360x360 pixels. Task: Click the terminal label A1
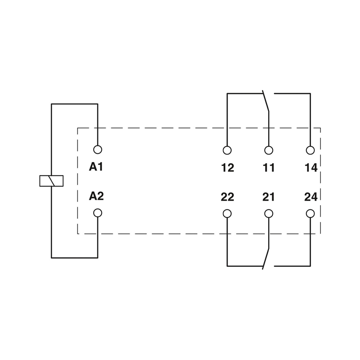96,166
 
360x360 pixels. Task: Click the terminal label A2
96,196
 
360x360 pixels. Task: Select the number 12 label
228,168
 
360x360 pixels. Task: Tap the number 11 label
269,168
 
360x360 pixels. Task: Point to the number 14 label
311,168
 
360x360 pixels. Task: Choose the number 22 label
227,197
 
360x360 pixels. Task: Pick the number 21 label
268,197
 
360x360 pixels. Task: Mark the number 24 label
311,197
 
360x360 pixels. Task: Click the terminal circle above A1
98,150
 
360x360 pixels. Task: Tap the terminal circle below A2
98,213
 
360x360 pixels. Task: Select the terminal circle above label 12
227,150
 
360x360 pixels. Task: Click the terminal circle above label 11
269,150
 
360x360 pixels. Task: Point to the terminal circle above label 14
310,150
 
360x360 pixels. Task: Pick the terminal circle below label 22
227,213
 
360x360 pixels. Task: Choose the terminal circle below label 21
269,213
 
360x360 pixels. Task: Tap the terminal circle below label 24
310,213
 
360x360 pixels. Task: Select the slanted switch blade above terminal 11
265,101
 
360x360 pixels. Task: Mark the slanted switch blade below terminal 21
265,259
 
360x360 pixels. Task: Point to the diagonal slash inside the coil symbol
51,181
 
